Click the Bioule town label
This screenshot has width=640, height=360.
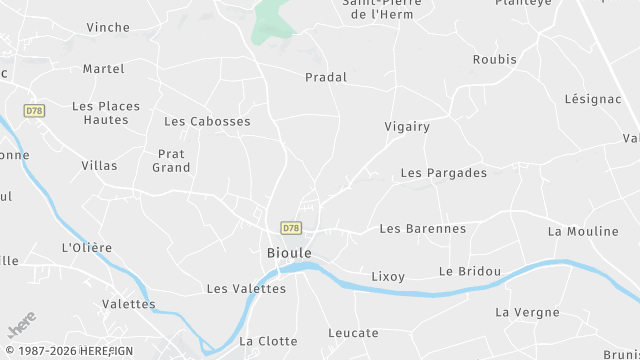pyautogui.click(x=289, y=253)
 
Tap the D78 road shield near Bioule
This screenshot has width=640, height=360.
pyautogui.click(x=291, y=228)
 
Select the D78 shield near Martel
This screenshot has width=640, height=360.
pyautogui.click(x=35, y=110)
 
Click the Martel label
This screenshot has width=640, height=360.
pyautogui.click(x=104, y=69)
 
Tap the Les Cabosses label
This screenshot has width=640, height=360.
pyautogui.click(x=207, y=121)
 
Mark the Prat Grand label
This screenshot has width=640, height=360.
pyautogui.click(x=171, y=161)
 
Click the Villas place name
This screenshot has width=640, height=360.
pyautogui.click(x=99, y=165)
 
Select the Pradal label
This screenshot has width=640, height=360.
pyautogui.click(x=326, y=77)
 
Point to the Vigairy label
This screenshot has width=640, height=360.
pyautogui.click(x=407, y=127)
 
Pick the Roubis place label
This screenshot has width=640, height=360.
pyautogui.click(x=495, y=59)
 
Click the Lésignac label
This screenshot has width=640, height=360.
pyautogui.click(x=594, y=100)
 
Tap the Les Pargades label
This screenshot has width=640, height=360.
pyautogui.click(x=443, y=173)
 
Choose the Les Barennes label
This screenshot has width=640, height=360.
pyautogui.click(x=423, y=228)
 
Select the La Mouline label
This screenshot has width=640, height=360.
pyautogui.click(x=583, y=231)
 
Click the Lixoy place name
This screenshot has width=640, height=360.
pyautogui.click(x=388, y=275)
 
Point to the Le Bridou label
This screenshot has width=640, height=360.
pyautogui.click(x=468, y=271)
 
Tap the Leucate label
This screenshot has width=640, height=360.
pyautogui.click(x=353, y=333)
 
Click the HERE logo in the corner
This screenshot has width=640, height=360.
pyautogui.click(x=20, y=329)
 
